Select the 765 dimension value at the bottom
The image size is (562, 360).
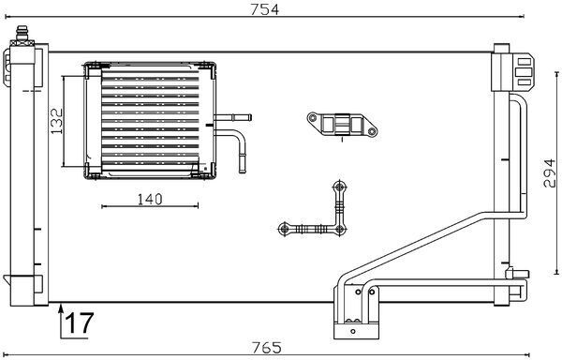[x=267, y=348]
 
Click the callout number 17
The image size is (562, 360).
[x=80, y=323]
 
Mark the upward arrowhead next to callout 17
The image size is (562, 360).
[x=61, y=307]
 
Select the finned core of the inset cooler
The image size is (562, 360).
[x=145, y=117]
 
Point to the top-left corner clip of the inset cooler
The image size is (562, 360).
[x=92, y=68]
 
